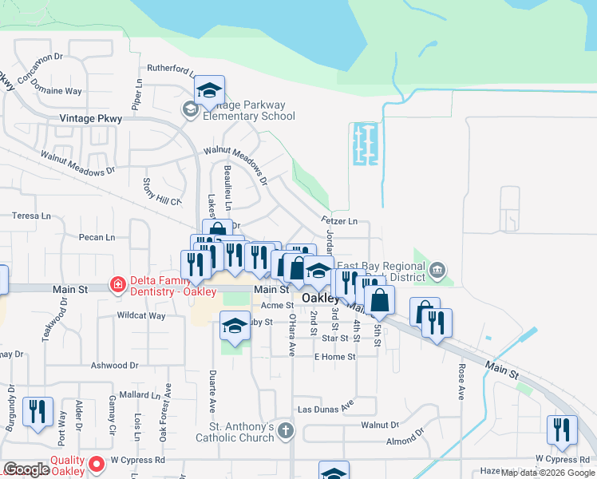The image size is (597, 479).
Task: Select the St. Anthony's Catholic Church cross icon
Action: (x=286, y=431)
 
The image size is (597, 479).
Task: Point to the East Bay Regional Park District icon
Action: (x=436, y=271)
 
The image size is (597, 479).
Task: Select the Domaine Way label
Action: (x=57, y=91)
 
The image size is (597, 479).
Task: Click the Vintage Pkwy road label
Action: (x=88, y=118)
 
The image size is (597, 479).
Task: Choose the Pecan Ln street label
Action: (x=97, y=237)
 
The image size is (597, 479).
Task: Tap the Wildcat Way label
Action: (x=140, y=316)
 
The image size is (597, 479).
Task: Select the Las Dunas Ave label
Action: (x=325, y=408)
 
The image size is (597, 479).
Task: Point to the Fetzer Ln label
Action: (x=338, y=221)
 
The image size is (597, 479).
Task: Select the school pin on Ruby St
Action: (x=235, y=326)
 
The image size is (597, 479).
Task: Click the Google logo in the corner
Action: (x=27, y=469)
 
